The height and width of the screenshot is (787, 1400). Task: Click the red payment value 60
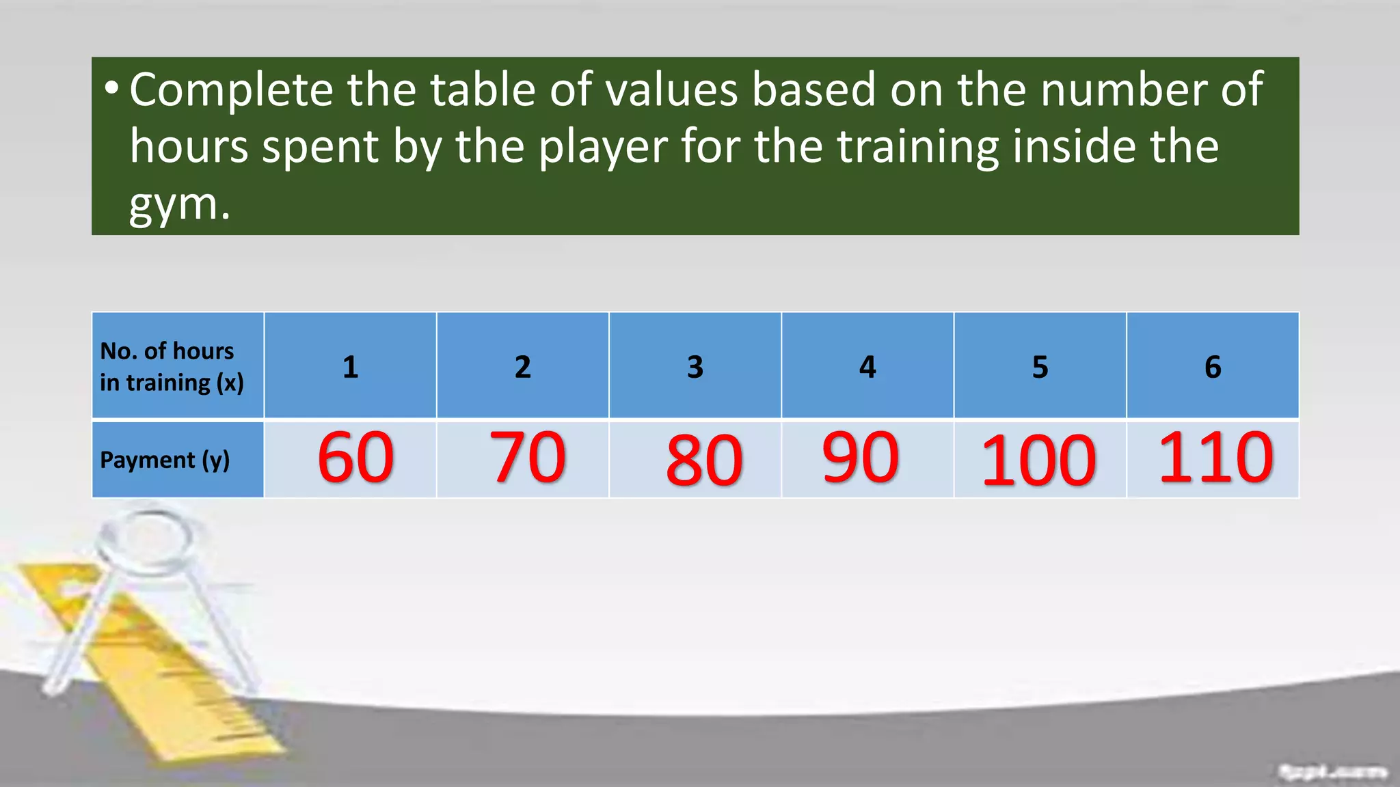(x=355, y=458)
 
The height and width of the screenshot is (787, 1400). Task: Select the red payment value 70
(x=528, y=458)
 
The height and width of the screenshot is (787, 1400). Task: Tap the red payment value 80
(x=704, y=461)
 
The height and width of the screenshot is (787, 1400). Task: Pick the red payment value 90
(x=860, y=458)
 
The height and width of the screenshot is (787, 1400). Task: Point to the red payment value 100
(x=1038, y=462)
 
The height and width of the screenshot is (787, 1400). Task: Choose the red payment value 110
(x=1215, y=458)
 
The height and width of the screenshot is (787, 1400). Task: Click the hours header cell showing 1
(x=350, y=367)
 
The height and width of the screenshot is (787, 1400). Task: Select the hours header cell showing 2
(x=523, y=367)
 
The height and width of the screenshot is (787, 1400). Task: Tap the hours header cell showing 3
(x=695, y=367)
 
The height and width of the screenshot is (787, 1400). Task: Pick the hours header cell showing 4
(x=867, y=367)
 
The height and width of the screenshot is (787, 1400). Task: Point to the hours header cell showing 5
(x=1040, y=367)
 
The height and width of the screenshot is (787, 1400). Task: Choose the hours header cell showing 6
(x=1213, y=367)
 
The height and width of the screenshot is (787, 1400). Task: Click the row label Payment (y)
(x=165, y=460)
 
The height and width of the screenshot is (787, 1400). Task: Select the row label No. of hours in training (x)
(x=172, y=367)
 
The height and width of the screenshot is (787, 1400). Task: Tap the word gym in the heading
(x=174, y=204)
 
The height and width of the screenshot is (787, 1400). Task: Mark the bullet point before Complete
(x=111, y=88)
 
